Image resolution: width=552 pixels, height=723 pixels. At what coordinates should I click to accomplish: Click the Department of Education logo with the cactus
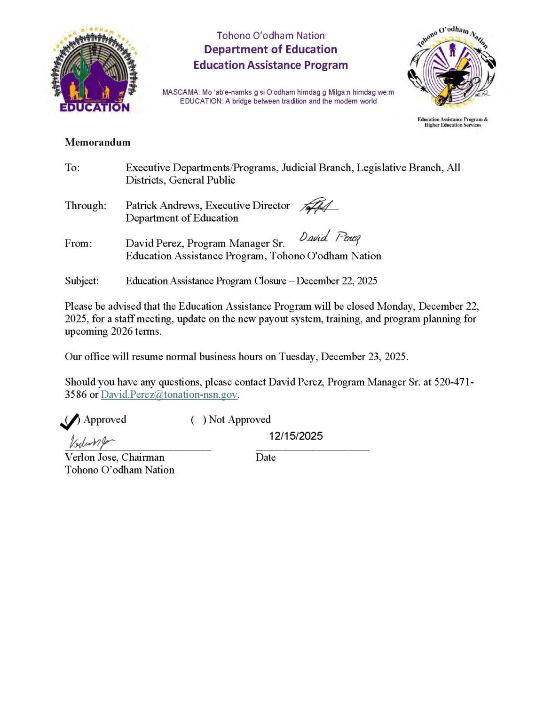pyautogui.click(x=95, y=71)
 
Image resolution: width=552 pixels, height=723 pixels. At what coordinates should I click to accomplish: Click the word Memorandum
pyautogui.click(x=97, y=142)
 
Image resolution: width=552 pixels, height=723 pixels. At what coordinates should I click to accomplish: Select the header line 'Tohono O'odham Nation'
pyautogui.click(x=270, y=35)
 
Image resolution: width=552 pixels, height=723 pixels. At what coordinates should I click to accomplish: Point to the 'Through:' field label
pyautogui.click(x=86, y=205)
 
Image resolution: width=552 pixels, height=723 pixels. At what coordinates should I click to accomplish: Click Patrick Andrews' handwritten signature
pyautogui.click(x=318, y=206)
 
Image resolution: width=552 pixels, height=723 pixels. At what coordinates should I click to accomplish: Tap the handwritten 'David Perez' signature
pyautogui.click(x=330, y=237)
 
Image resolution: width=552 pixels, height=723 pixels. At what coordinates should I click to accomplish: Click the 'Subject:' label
pyautogui.click(x=82, y=281)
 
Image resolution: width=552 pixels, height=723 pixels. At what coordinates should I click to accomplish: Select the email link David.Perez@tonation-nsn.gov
pyautogui.click(x=169, y=394)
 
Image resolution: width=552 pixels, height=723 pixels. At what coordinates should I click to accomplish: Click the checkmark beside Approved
pyautogui.click(x=70, y=421)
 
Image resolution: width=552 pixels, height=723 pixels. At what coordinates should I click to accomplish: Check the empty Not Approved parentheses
pyautogui.click(x=198, y=419)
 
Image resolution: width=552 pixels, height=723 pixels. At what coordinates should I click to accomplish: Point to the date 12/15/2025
pyautogui.click(x=296, y=436)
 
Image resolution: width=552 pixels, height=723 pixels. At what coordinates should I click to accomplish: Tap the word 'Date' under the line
pyautogui.click(x=265, y=457)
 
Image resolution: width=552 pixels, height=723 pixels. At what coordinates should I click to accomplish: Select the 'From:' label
pyautogui.click(x=79, y=243)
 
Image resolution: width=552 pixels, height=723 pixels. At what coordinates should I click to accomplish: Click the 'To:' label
pyautogui.click(x=72, y=168)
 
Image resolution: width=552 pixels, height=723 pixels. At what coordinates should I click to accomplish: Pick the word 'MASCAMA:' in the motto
pyautogui.click(x=181, y=92)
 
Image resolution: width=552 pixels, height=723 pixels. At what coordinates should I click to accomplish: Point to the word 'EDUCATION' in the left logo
pyautogui.click(x=95, y=107)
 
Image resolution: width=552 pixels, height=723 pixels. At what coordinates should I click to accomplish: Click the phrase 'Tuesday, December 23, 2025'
pyautogui.click(x=343, y=356)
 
